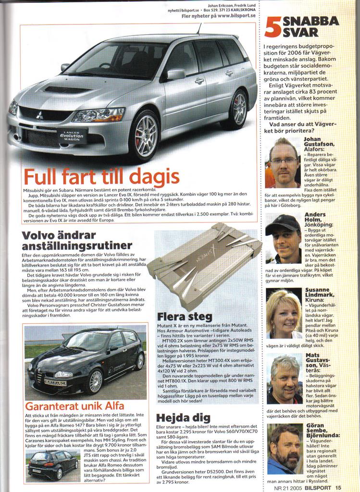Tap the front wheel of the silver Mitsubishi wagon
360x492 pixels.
click(144, 135)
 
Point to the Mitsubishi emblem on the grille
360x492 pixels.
click(39, 115)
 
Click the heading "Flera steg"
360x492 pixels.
click(185, 317)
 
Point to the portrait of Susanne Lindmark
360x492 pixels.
click(284, 313)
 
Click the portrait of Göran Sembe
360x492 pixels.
click(284, 449)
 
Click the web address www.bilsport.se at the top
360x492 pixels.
click(232, 16)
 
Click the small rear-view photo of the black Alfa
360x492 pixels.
click(53, 464)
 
